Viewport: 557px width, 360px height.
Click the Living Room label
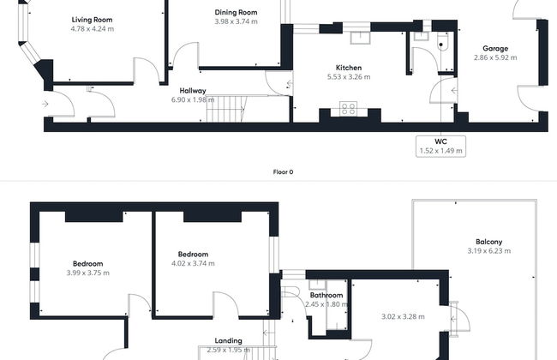(92, 20)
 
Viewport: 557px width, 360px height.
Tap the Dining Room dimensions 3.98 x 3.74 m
(237, 21)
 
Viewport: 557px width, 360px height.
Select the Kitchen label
(349, 68)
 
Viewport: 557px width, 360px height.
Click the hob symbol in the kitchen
(348, 109)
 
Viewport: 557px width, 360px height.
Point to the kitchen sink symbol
(360, 38)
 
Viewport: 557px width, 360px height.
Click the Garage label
(495, 48)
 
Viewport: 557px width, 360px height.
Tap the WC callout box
(440, 146)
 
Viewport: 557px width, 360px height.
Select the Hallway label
(193, 91)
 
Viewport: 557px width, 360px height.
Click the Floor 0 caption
(283, 172)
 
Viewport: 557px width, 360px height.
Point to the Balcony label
(489, 242)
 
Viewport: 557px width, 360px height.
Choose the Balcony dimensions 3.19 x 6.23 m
(489, 251)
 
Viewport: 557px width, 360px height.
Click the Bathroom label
(326, 296)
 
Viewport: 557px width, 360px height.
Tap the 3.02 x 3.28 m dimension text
(403, 316)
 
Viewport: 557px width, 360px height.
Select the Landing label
(229, 341)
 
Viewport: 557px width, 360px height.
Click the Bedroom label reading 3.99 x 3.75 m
(87, 264)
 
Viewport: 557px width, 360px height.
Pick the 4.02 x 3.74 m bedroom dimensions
(193, 263)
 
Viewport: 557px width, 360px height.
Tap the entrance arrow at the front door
(45, 104)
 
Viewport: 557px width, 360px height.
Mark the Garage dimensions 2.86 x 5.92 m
(495, 57)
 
